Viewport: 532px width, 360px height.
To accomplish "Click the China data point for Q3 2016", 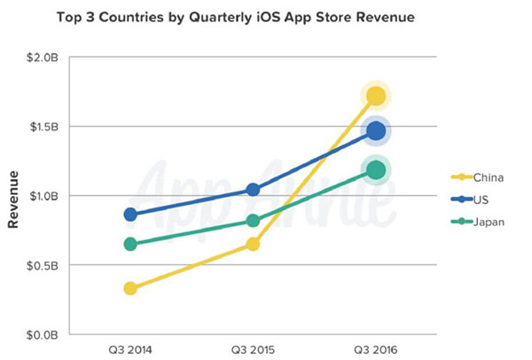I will point(376,97).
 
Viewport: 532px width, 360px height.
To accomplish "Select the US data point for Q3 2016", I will point(376,130).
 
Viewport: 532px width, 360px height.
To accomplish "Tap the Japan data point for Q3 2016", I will point(376,170).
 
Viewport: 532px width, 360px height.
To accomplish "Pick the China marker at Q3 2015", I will point(253,244).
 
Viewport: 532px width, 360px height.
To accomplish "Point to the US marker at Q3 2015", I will point(253,190).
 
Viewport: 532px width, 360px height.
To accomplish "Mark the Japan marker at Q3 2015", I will point(253,221).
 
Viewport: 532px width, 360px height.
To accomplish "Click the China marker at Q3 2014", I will point(130,288).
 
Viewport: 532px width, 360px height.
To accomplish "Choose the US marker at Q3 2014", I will point(130,215).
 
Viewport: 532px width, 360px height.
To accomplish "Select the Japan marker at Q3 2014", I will point(130,244).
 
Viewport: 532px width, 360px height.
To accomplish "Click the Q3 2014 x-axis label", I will point(130,349).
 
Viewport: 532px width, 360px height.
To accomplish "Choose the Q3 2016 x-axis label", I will point(376,349).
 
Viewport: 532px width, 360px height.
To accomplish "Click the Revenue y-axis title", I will point(13,200).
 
